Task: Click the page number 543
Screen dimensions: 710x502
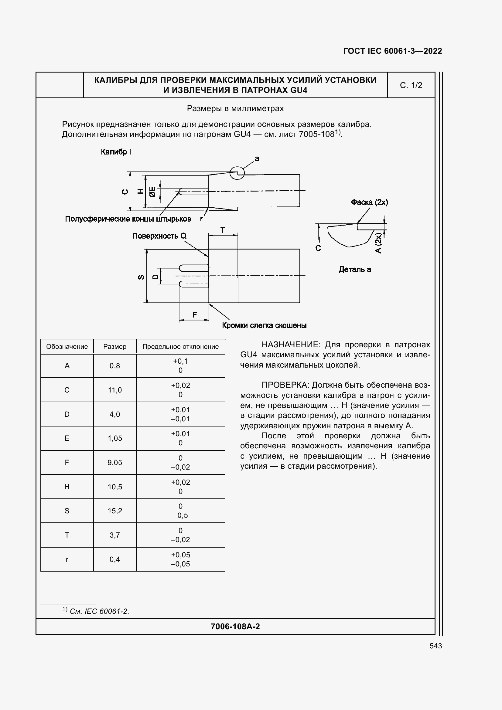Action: click(435, 646)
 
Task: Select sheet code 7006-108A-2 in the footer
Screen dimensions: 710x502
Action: click(235, 626)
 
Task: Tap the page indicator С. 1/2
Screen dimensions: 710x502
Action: click(411, 85)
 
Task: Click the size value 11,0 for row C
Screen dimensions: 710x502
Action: click(115, 390)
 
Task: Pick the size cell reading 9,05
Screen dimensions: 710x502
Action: click(115, 462)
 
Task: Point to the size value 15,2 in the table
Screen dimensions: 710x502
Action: click(115, 511)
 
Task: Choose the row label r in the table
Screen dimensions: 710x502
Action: click(67, 559)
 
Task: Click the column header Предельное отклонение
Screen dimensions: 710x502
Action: click(180, 346)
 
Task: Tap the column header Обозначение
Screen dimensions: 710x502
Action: click(67, 346)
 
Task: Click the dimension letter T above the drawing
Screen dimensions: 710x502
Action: click(223, 230)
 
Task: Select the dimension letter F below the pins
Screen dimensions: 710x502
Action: click(195, 314)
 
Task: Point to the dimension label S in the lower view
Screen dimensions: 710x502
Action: click(141, 277)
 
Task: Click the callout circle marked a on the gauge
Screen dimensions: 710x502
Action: click(237, 173)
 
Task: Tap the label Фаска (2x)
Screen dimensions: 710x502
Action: click(369, 202)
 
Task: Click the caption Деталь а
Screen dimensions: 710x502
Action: click(355, 269)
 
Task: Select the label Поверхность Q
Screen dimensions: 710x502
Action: click(159, 236)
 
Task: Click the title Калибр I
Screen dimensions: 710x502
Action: click(116, 152)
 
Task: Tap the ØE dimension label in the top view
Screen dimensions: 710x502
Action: click(152, 192)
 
